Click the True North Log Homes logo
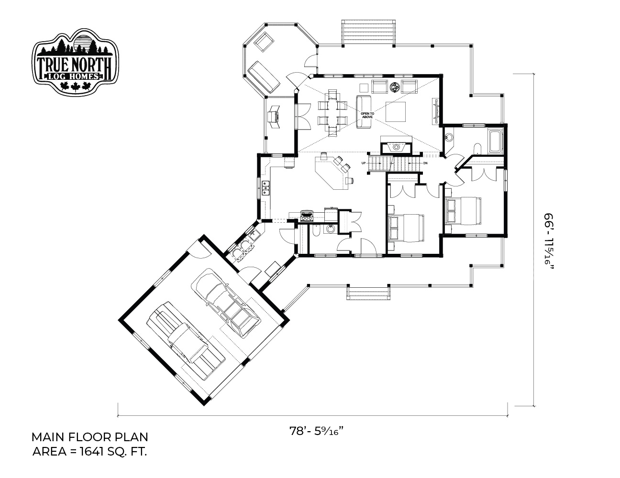click(x=75, y=62)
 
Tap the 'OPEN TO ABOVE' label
click(x=367, y=115)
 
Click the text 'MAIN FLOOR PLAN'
click(x=89, y=437)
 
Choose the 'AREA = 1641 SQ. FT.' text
click(x=89, y=452)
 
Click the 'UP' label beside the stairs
click(x=363, y=163)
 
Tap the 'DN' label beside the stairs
click(x=425, y=163)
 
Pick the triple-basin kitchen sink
click(x=66, y=188)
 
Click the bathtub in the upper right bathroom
click(x=496, y=141)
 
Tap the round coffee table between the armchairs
click(x=395, y=87)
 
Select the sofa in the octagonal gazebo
click(x=264, y=77)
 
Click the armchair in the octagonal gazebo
click(x=265, y=42)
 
